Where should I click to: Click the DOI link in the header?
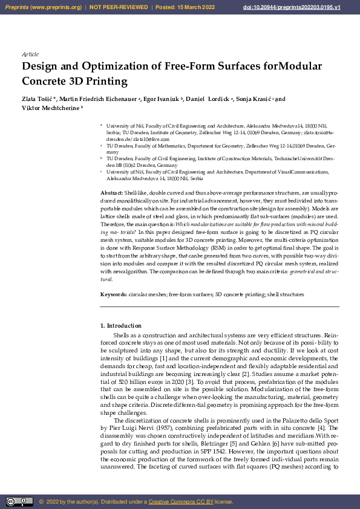[x=309, y=7]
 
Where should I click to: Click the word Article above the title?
[x=30, y=54]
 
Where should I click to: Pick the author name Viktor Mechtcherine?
[x=51, y=109]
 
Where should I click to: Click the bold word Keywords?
[x=113, y=294]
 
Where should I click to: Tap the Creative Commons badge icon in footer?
[x=19, y=502]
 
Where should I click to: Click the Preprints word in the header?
[x=17, y=7]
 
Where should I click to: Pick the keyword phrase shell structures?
[x=285, y=294]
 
